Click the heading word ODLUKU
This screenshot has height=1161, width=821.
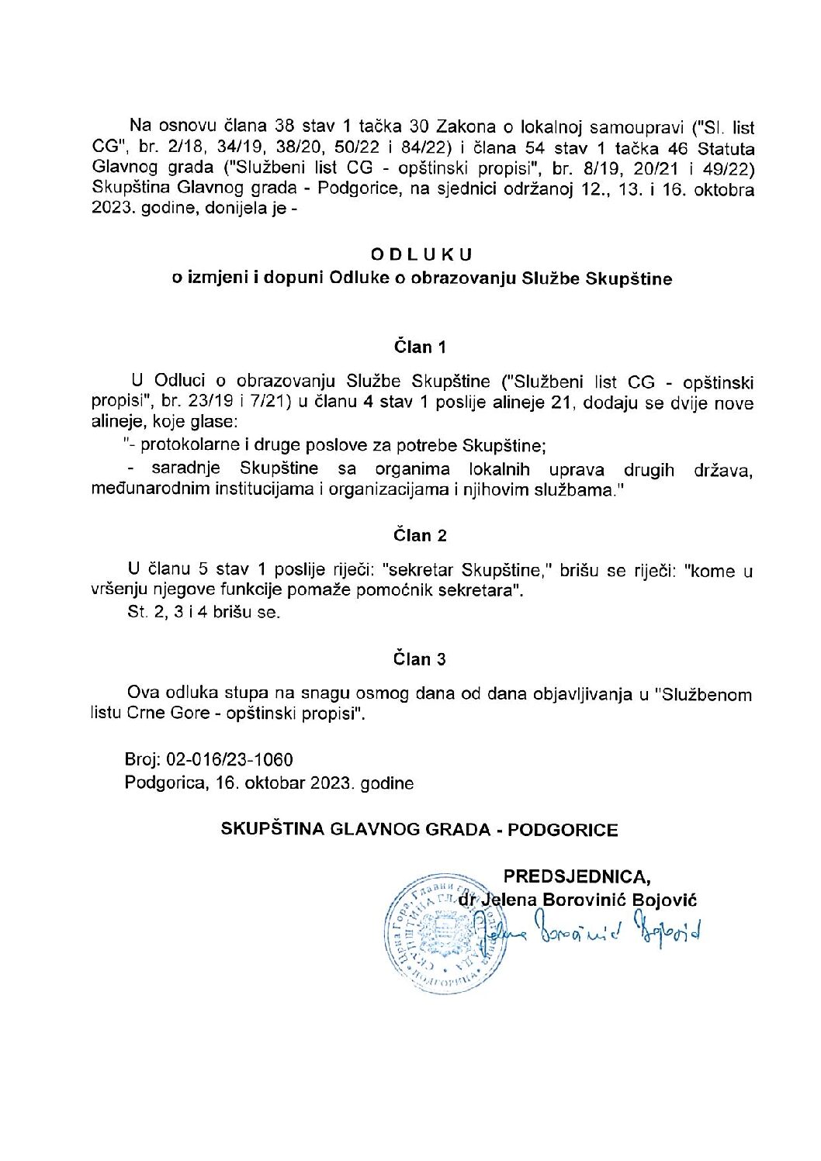point(421,254)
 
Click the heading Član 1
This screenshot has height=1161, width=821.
point(420,347)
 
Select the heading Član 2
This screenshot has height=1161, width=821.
point(420,535)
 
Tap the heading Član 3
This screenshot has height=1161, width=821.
point(420,659)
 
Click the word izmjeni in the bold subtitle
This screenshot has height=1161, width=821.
point(216,278)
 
